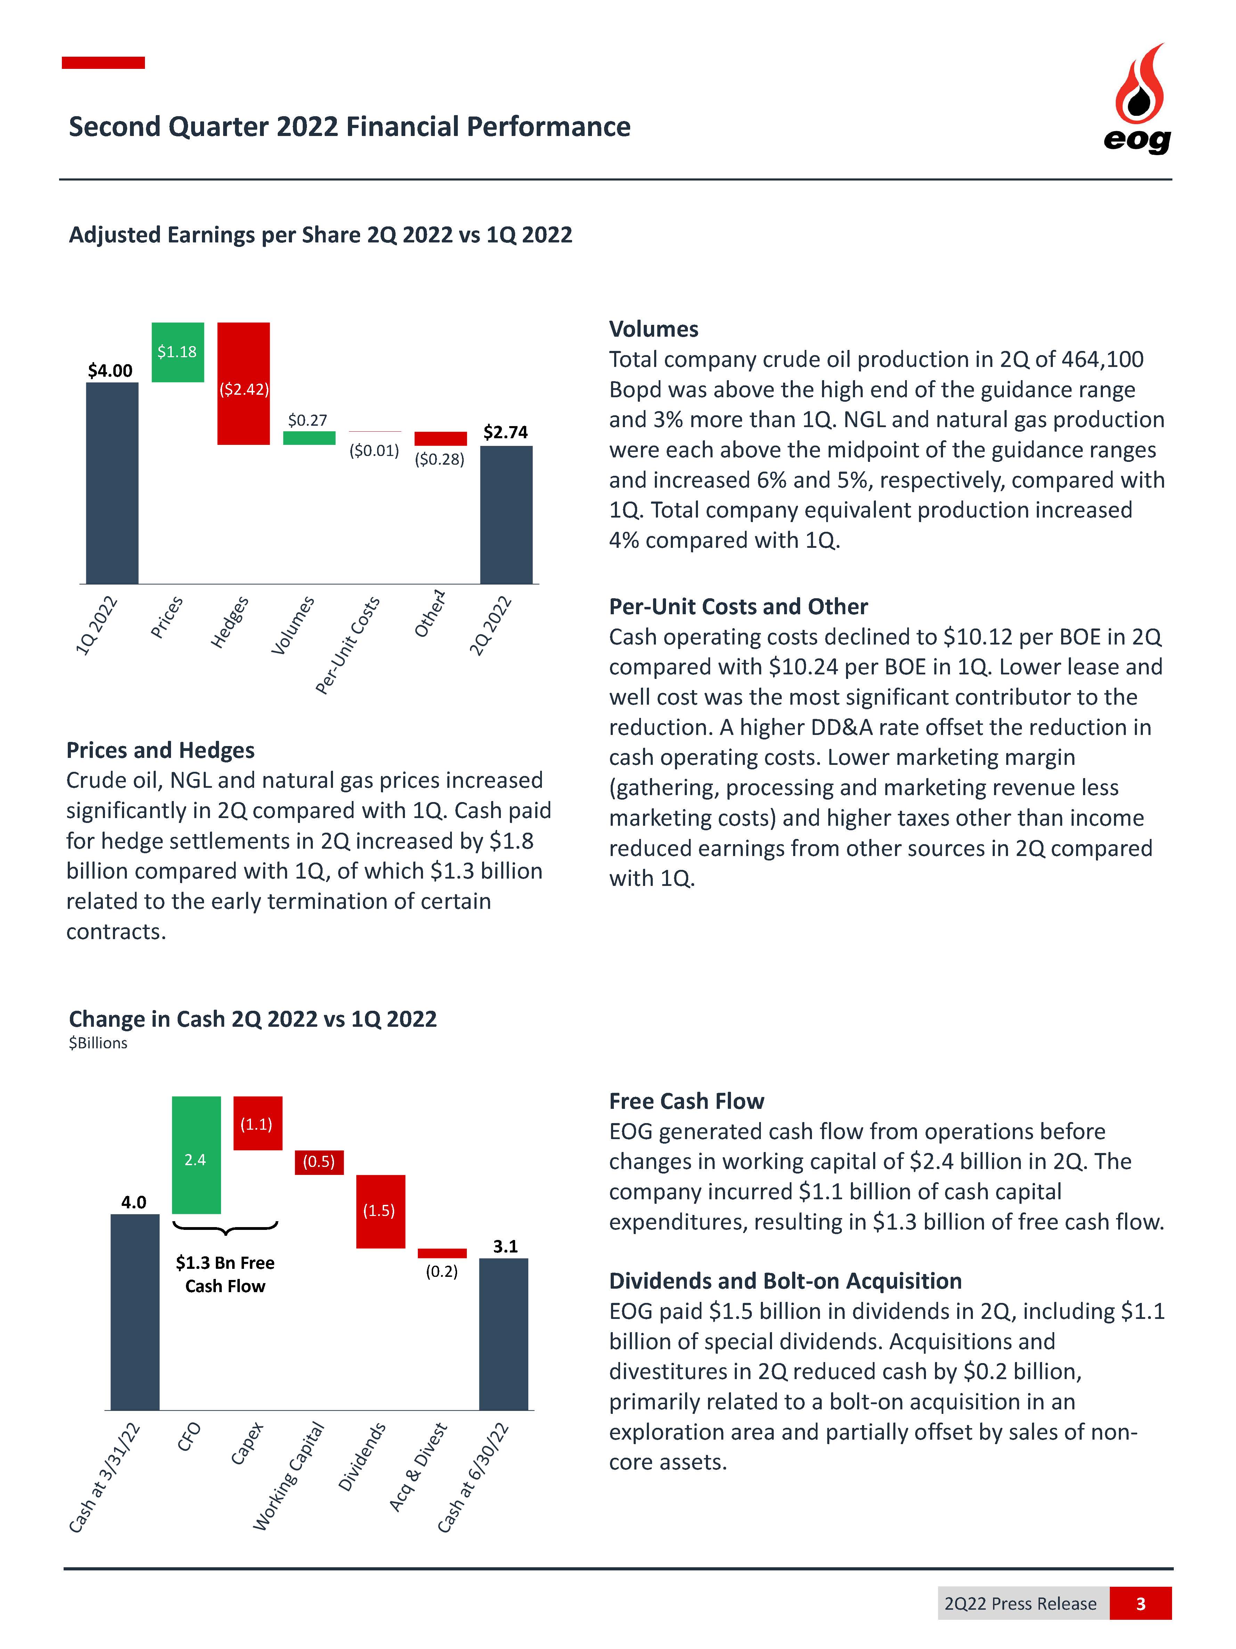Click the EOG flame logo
tap(1138, 97)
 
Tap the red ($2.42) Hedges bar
tap(243, 383)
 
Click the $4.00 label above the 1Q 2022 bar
tap(110, 370)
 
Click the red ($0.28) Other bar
tap(440, 438)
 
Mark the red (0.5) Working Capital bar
tap(319, 1161)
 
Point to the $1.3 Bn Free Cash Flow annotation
tap(225, 1274)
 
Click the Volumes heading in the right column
tap(653, 329)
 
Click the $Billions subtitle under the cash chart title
tap(98, 1043)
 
